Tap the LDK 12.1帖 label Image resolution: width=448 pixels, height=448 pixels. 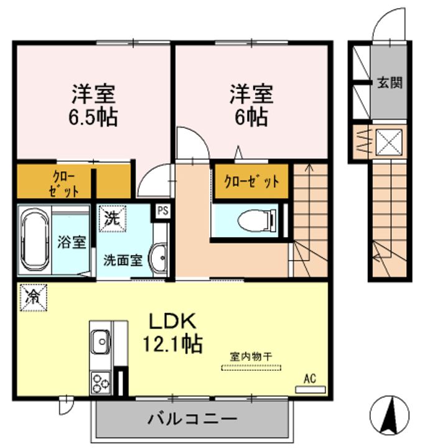173,332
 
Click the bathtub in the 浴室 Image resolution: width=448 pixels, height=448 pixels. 34,241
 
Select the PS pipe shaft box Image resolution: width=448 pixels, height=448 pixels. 163,210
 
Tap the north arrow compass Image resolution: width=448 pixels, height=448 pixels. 391,415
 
